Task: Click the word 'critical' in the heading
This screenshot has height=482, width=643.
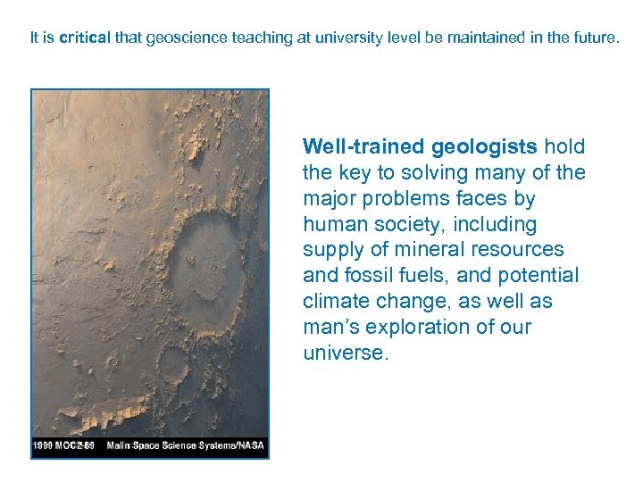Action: (x=85, y=38)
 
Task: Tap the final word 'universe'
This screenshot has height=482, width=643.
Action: (x=344, y=353)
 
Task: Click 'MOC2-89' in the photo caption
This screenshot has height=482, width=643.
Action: (x=83, y=444)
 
